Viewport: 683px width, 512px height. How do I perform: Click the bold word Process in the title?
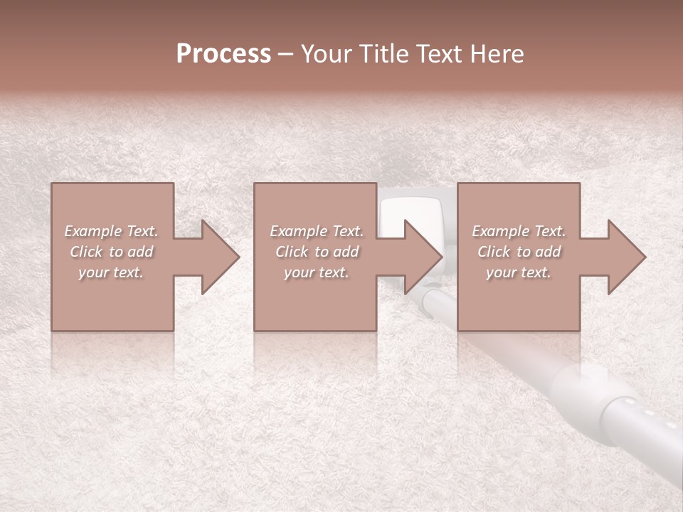pyautogui.click(x=223, y=54)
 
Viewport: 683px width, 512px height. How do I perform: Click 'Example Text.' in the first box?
pyautogui.click(x=112, y=231)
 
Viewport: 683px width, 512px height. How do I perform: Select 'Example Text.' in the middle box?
pyautogui.click(x=317, y=231)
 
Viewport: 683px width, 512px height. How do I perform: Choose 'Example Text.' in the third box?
pyautogui.click(x=519, y=231)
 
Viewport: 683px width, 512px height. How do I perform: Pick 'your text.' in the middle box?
pyautogui.click(x=317, y=272)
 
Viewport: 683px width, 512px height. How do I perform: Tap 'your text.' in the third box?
pyautogui.click(x=519, y=272)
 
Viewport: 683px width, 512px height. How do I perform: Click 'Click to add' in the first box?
pyautogui.click(x=112, y=252)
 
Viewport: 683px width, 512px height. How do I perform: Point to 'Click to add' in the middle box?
pyautogui.click(x=317, y=252)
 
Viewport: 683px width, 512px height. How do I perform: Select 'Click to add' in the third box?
pyautogui.click(x=519, y=252)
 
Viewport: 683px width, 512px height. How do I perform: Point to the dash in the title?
pyautogui.click(x=285, y=54)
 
